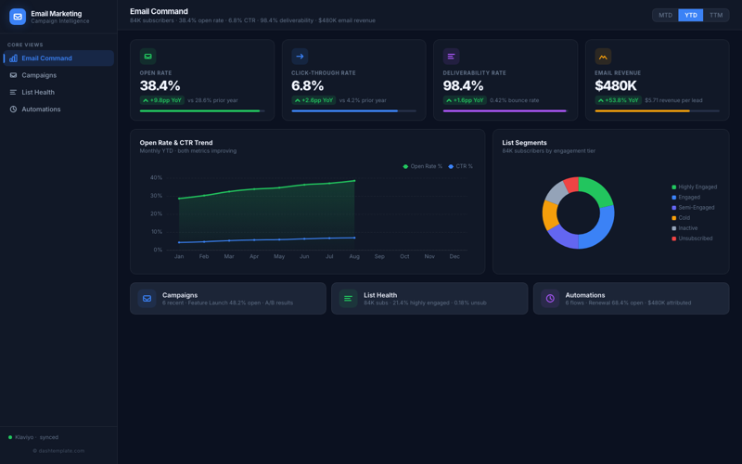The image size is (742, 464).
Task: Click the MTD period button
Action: point(665,15)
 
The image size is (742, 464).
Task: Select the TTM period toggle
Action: point(716,15)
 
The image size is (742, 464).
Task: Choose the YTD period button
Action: point(690,15)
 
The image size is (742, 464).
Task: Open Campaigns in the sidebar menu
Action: point(39,75)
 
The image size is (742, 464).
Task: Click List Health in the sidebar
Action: point(38,92)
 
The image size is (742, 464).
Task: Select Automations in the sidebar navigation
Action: point(41,110)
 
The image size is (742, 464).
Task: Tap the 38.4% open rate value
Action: point(160,86)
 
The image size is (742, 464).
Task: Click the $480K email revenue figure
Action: point(615,86)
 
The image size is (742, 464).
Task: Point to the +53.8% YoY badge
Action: point(618,100)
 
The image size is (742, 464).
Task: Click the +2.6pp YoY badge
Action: point(313,100)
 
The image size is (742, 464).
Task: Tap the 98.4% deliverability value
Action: point(463,86)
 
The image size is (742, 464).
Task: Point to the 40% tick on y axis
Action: point(156,177)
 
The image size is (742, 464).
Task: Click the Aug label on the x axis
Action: point(354,256)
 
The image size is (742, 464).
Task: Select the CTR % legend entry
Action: point(460,167)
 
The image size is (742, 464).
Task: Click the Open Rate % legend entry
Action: point(423,167)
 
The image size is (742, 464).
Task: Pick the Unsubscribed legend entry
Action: point(695,238)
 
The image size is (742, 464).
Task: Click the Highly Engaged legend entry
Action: point(697,187)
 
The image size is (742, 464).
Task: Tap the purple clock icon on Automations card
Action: point(550,299)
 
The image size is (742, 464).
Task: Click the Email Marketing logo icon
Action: point(18,17)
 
